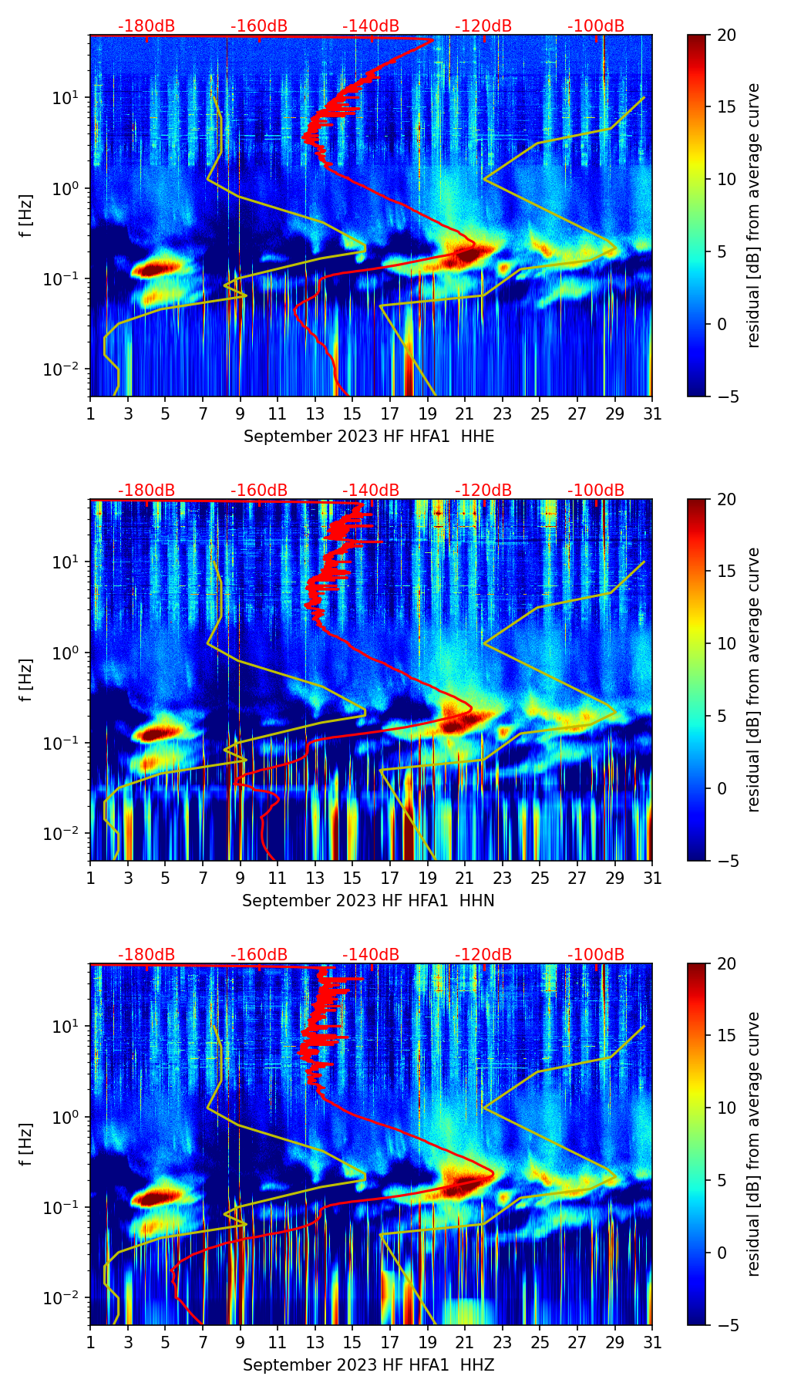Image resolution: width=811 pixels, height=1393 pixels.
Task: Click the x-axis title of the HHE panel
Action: (x=368, y=437)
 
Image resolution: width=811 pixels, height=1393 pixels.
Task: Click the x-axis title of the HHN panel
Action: (x=368, y=901)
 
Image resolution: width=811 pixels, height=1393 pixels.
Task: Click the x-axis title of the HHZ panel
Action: (x=368, y=1365)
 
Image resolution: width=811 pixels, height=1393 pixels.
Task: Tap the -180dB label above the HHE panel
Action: (x=146, y=26)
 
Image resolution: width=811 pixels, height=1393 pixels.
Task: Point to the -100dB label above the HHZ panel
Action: (x=596, y=955)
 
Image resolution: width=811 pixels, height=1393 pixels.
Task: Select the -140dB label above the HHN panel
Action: (x=371, y=491)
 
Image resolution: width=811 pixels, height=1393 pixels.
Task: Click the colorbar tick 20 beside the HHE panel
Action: (x=726, y=35)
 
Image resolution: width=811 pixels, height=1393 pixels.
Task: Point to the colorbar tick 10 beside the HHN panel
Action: (x=726, y=643)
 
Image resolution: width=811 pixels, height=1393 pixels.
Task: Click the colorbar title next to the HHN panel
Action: (x=753, y=679)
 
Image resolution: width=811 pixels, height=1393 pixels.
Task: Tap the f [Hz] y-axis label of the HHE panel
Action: (x=26, y=216)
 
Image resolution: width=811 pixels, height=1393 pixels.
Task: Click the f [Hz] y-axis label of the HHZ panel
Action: (x=26, y=1145)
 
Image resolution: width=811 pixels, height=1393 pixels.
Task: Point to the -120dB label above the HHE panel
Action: (x=483, y=26)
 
